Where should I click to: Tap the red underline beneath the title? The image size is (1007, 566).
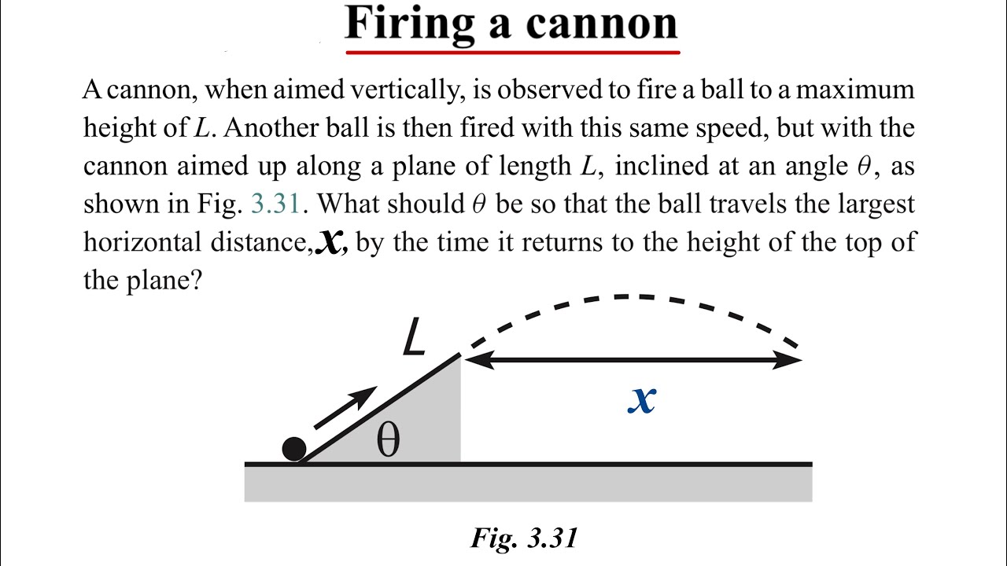513,53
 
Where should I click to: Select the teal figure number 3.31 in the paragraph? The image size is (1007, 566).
275,204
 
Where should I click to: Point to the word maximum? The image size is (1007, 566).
854,90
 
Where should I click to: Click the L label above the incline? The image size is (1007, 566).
414,337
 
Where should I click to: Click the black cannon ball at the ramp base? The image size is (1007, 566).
294,449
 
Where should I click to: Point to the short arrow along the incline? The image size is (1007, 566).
345,407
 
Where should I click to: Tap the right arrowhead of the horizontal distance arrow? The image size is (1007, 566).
788,360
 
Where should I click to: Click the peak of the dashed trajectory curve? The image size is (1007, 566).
627,296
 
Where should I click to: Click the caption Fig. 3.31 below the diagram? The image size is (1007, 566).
524,538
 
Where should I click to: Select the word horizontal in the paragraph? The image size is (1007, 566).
142,241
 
